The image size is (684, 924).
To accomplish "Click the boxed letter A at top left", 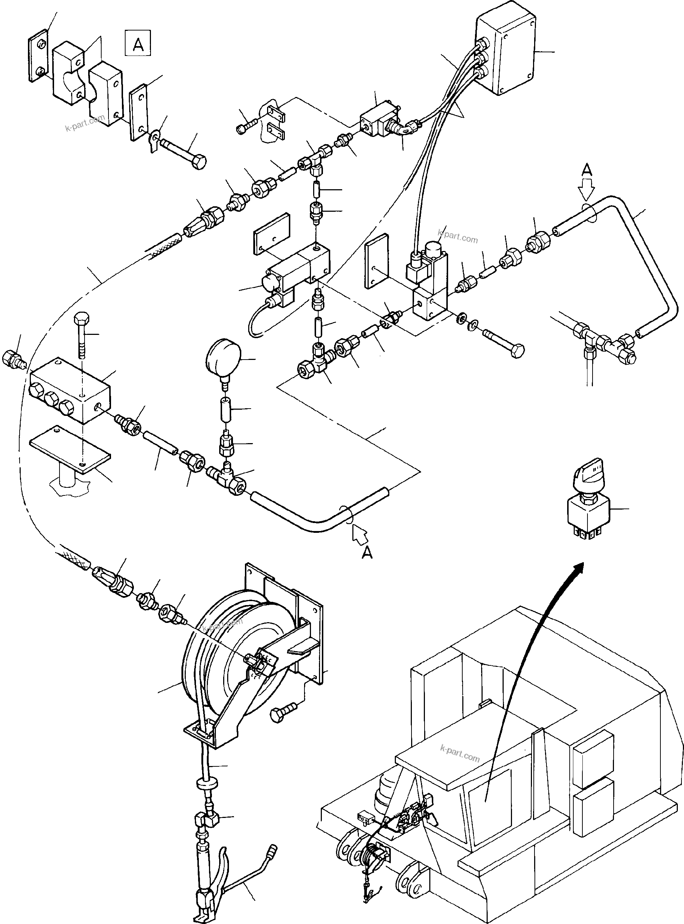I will [x=138, y=43].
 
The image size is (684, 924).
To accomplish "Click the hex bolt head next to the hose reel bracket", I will [x=283, y=713].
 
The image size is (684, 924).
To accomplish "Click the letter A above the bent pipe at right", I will [x=587, y=170].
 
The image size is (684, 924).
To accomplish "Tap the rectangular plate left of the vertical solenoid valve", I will [x=376, y=260].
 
